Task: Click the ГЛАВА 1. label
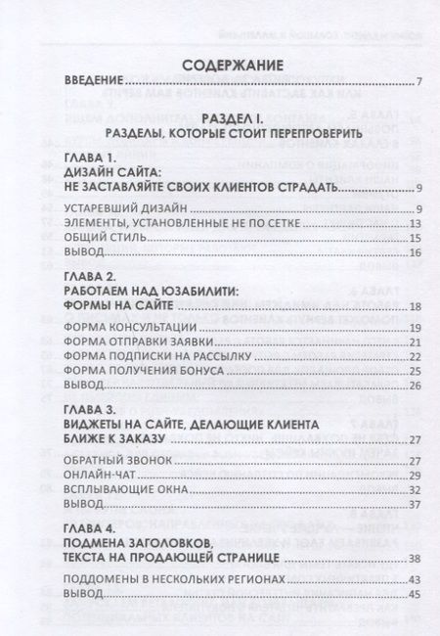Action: pyautogui.click(x=89, y=157)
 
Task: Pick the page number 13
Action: pyautogui.click(x=415, y=222)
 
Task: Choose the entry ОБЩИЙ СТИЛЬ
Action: pyautogui.click(x=102, y=238)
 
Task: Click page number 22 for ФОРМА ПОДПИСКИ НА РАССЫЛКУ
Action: pyautogui.click(x=415, y=355)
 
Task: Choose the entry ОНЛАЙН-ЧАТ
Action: pyautogui.click(x=100, y=475)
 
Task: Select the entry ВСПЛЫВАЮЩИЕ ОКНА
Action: pyautogui.click(x=122, y=489)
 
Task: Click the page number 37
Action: pyautogui.click(x=415, y=504)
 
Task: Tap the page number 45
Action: pyautogui.click(x=415, y=594)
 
